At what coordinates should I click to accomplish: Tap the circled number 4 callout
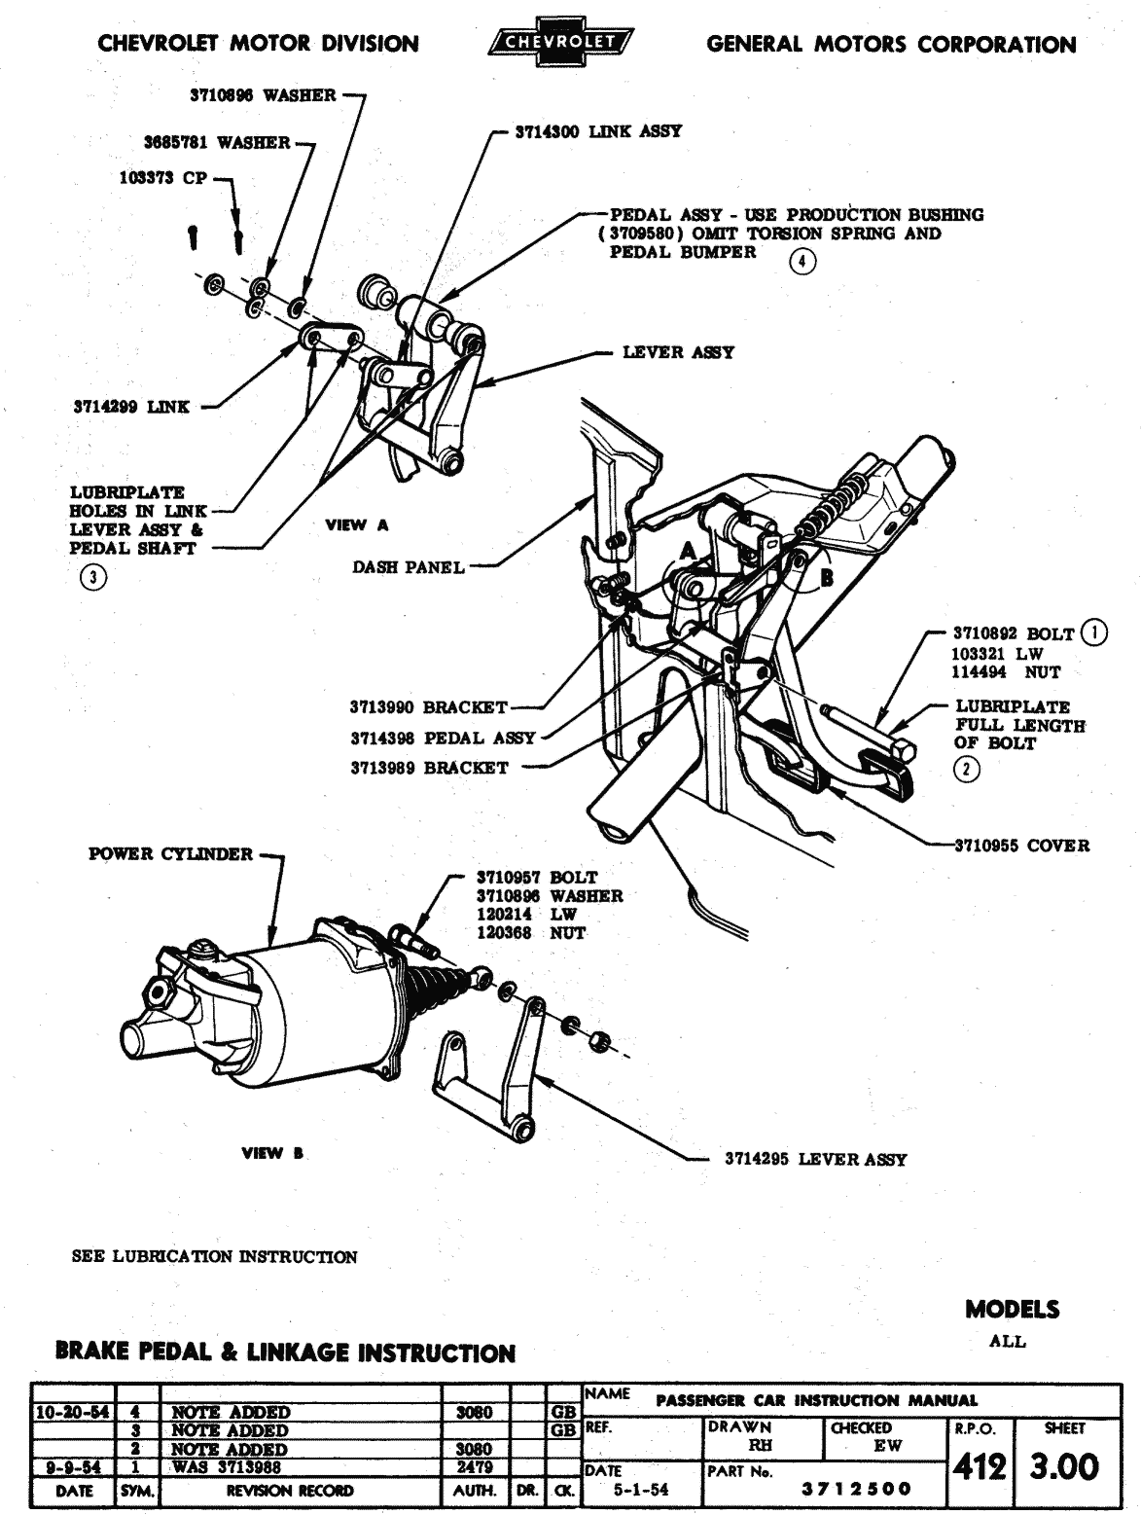pos(802,261)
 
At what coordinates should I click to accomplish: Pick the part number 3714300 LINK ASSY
pos(598,131)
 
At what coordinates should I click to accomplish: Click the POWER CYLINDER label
pos(170,853)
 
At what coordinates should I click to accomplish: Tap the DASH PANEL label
pos(409,567)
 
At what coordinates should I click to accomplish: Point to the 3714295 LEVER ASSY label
pos(815,1159)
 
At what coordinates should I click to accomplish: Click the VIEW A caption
pos(356,525)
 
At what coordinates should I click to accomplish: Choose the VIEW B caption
pos(273,1154)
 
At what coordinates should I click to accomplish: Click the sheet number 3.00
pos(1065,1465)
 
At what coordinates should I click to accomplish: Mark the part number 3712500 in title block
pos(855,1489)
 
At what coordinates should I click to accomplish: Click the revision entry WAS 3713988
pos(230,1466)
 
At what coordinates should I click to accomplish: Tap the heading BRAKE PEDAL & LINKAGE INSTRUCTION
pos(286,1353)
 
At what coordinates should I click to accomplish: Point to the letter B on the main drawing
pos(828,576)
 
